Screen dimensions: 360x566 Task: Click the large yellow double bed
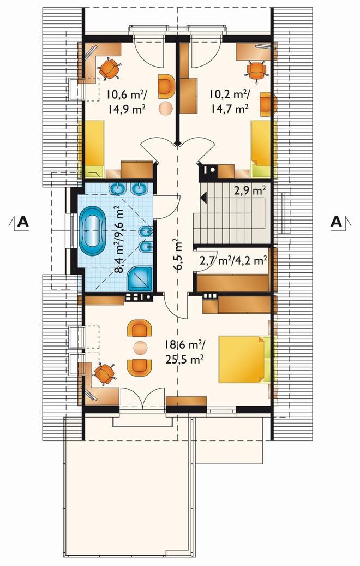pyautogui.click(x=242, y=359)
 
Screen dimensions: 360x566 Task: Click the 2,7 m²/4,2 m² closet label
pyautogui.click(x=233, y=260)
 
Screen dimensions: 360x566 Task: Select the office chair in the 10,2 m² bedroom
pyautogui.click(x=257, y=70)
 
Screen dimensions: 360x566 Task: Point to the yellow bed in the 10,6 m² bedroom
pyautogui.click(x=92, y=148)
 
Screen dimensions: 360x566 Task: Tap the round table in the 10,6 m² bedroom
pyautogui.click(x=166, y=108)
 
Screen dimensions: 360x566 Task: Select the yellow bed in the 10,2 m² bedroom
pyautogui.click(x=261, y=148)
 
